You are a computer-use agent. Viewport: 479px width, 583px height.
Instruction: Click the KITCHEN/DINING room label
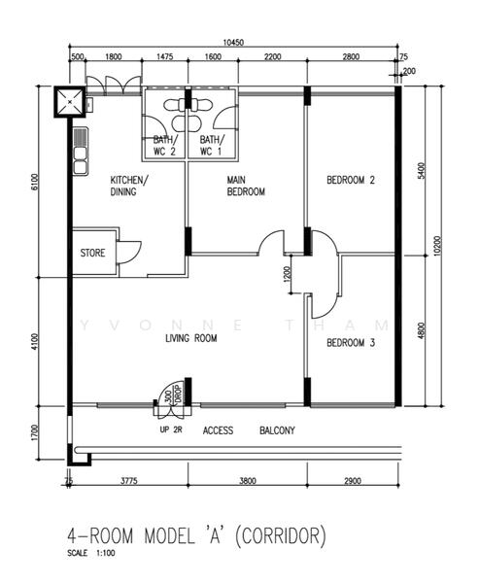tap(129, 186)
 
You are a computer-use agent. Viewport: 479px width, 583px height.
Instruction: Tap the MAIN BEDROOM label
tap(246, 186)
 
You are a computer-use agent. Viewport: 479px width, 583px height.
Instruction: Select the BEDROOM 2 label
tap(350, 180)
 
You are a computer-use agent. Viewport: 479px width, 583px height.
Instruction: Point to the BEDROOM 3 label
tap(350, 343)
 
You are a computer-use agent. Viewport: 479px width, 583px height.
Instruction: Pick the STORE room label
tap(94, 254)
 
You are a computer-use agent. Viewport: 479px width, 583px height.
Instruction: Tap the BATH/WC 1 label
tap(211, 147)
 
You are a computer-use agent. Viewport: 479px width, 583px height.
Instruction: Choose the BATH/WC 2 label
tap(164, 147)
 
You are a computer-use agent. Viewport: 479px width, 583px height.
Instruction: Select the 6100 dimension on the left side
tap(34, 183)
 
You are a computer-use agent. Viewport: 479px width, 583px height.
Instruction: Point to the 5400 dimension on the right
tap(421, 171)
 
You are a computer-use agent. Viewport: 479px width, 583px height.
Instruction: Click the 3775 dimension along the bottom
tap(127, 481)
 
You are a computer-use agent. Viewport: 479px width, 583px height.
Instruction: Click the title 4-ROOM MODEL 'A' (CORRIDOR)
tap(195, 535)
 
